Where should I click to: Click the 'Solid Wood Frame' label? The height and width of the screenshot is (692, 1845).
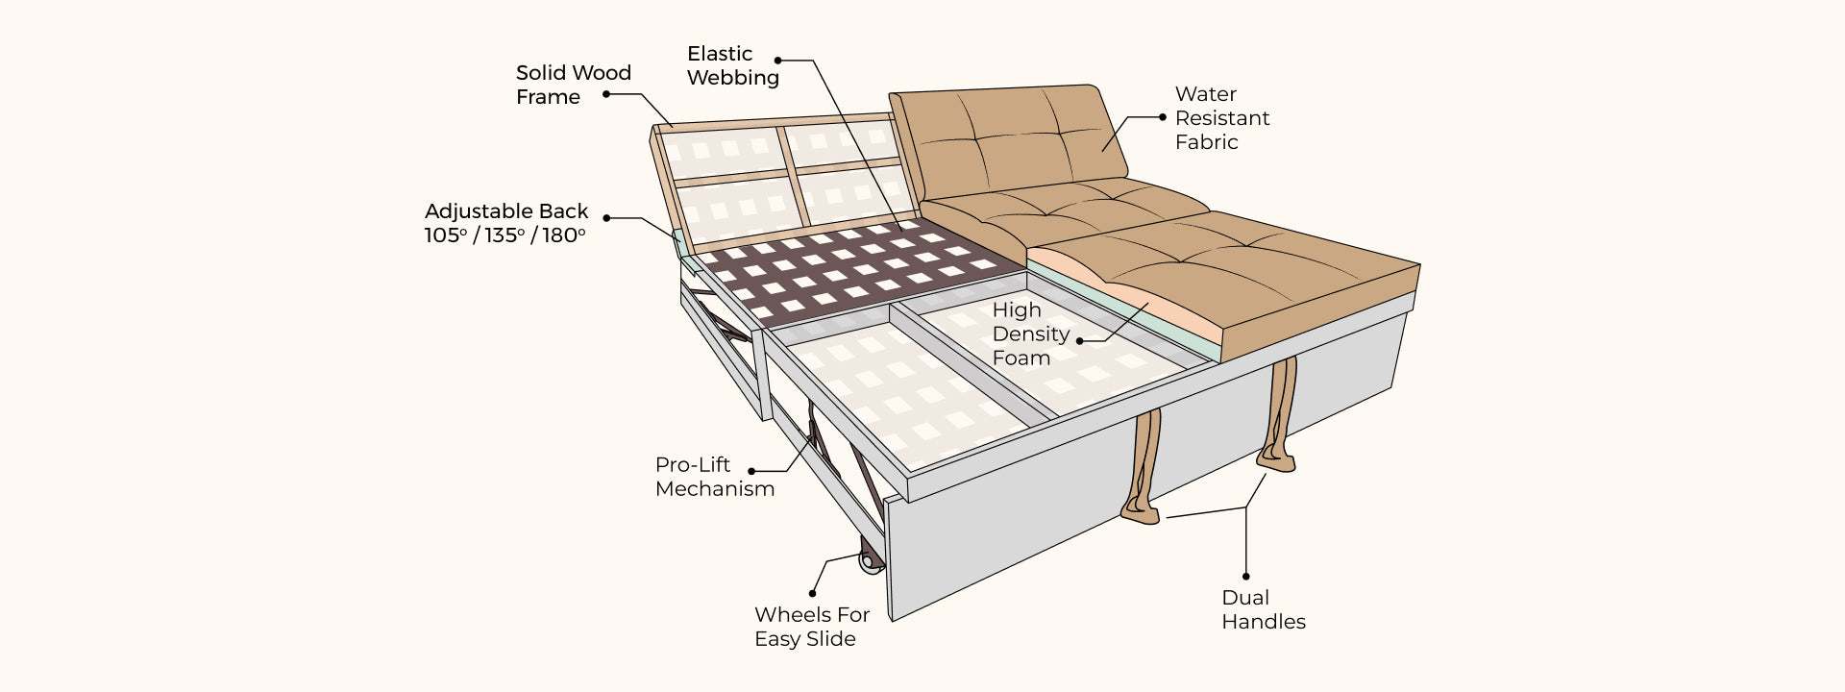pyautogui.click(x=573, y=85)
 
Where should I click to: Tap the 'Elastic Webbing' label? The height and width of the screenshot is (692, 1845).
pyautogui.click(x=732, y=65)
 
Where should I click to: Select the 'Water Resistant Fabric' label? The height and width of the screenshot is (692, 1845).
pyautogui.click(x=1221, y=118)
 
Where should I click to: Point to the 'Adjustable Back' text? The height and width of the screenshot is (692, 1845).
pyautogui.click(x=505, y=211)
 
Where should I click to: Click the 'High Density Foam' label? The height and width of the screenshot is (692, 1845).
pyautogui.click(x=1030, y=334)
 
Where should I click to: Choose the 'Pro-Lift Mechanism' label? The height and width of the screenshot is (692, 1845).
pyautogui.click(x=714, y=477)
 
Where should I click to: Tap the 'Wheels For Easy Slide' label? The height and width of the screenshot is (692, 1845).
pyautogui.click(x=811, y=627)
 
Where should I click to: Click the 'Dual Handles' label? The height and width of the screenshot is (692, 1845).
pyautogui.click(x=1263, y=609)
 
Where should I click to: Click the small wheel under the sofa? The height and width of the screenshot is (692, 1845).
pyautogui.click(x=872, y=562)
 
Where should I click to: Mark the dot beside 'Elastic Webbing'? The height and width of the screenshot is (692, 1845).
pyautogui.click(x=778, y=60)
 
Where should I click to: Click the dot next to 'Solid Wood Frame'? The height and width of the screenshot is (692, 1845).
pyautogui.click(x=606, y=94)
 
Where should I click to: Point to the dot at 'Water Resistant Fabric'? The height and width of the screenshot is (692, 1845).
pyautogui.click(x=1162, y=117)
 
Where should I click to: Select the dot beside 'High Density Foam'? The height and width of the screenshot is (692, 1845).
pyautogui.click(x=1079, y=340)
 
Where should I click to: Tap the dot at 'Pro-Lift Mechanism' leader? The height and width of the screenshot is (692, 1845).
pyautogui.click(x=750, y=471)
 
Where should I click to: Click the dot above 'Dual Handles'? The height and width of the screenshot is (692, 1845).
pyautogui.click(x=1247, y=576)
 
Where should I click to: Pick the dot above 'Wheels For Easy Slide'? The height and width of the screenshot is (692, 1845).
pyautogui.click(x=813, y=593)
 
